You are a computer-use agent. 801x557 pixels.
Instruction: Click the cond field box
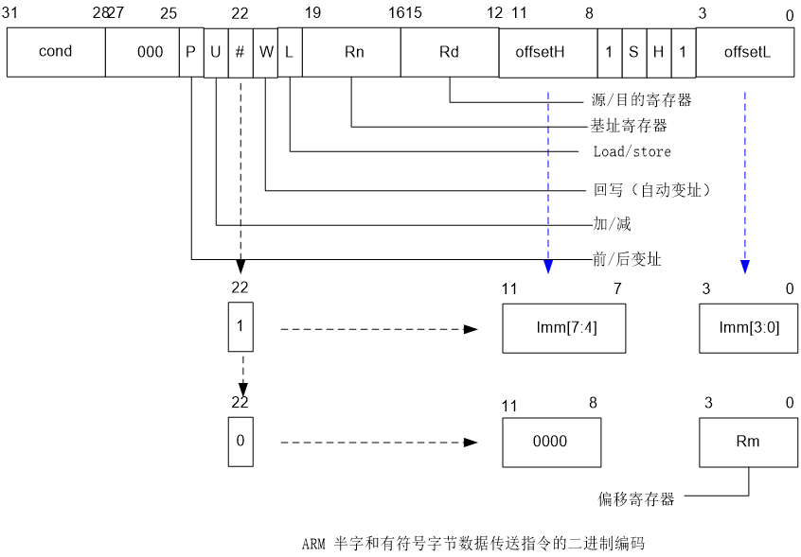coord(56,52)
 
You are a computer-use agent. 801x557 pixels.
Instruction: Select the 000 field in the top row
coord(142,52)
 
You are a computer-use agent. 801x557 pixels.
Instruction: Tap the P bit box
coord(191,52)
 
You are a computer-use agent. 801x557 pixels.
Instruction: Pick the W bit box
coord(266,52)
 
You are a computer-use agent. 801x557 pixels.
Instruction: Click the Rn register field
coord(352,52)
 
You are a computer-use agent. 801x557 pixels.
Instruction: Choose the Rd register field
coord(450,52)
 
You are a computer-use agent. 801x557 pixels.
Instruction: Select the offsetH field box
coord(547,52)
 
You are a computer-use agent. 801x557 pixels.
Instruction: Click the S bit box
coord(633,52)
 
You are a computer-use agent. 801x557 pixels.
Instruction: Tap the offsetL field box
coord(746,52)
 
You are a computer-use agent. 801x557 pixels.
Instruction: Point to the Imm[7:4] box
coord(564,328)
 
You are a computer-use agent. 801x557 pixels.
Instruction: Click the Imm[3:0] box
coord(746,328)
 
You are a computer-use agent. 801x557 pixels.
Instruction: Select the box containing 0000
coord(551,442)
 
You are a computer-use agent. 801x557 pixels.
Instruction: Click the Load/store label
coord(632,151)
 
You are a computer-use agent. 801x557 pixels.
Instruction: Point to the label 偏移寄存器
coord(635,498)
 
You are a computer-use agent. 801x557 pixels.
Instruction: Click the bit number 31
coord(10,13)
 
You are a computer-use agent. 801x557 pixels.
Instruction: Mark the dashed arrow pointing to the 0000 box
coord(379,442)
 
